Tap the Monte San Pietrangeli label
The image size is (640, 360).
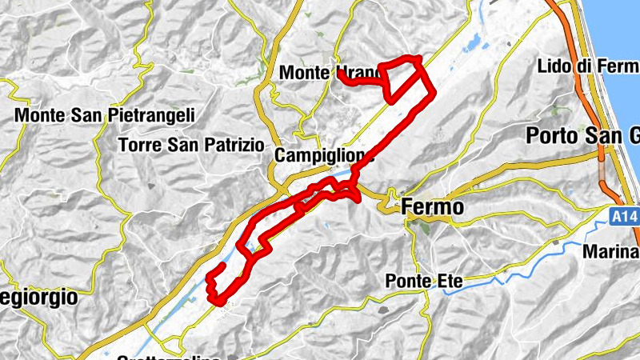tap(105, 115)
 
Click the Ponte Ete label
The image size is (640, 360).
tap(424, 281)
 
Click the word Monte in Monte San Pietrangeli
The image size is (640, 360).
tap(40, 115)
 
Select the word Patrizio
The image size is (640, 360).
tap(232, 145)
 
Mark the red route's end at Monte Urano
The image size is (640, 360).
tap(339, 74)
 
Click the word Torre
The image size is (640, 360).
tap(136, 145)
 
